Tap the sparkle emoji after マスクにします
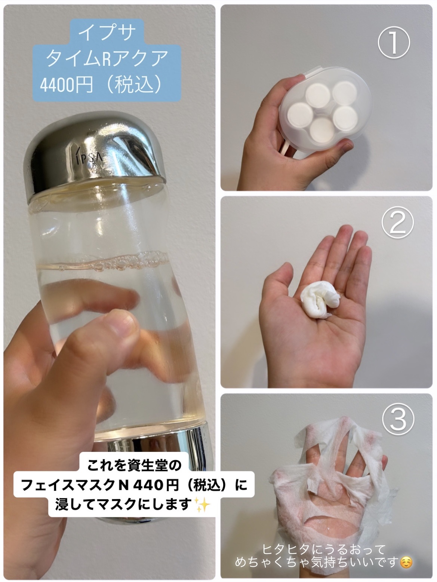pos(203,504)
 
